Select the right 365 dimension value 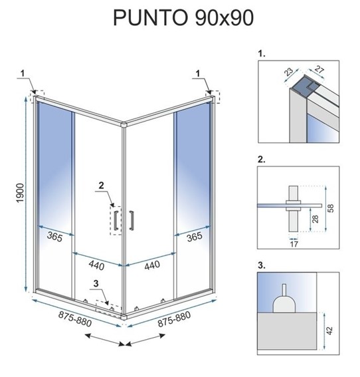point(194,236)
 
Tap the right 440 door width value point(152,265)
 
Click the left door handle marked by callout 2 point(117,221)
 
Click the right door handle point(132,221)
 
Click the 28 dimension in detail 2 point(315,219)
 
